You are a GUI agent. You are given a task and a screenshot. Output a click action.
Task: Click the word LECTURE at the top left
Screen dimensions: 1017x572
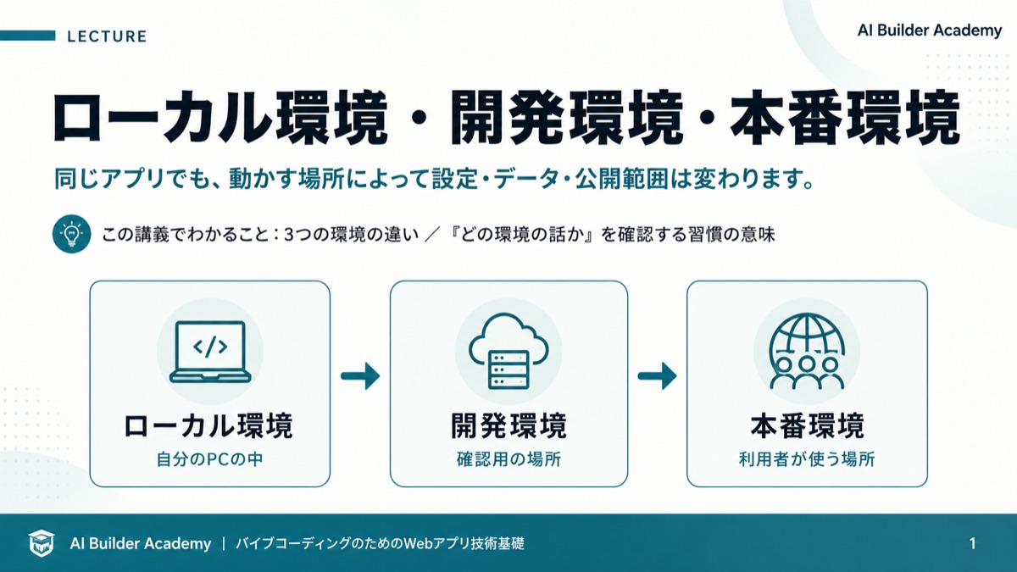point(107,36)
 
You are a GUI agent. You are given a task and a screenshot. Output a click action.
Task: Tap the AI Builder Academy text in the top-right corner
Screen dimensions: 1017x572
point(930,31)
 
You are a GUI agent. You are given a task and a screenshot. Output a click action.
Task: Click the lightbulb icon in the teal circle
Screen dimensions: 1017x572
point(72,234)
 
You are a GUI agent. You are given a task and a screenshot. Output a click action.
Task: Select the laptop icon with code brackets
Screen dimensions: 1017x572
point(210,352)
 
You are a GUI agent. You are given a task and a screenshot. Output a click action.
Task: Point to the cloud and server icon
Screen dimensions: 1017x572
point(508,351)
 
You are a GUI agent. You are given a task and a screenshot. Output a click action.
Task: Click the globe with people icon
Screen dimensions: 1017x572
point(807,352)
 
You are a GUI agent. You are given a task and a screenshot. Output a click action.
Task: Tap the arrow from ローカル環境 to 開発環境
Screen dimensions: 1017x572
point(360,376)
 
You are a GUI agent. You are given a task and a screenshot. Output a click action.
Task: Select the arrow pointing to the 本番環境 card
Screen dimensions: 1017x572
point(657,376)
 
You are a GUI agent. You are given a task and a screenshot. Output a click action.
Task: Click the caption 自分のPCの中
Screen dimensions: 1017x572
point(210,459)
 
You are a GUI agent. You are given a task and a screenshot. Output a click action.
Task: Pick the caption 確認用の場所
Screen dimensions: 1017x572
point(509,459)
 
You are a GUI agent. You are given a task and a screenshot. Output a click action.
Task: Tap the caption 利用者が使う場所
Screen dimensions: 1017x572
point(807,459)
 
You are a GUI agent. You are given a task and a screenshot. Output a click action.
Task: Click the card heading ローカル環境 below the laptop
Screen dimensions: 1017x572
point(208,425)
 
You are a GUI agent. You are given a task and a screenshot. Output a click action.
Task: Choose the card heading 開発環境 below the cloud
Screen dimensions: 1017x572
point(509,425)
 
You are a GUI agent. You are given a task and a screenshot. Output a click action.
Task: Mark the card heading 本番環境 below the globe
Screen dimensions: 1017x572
point(807,425)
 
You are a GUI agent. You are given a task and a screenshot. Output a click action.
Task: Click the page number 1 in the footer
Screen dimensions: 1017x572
point(972,543)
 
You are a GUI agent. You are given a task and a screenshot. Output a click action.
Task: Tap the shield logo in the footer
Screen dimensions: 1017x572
point(41,543)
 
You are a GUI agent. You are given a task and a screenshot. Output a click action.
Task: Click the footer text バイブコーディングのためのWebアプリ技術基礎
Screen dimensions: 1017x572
point(380,543)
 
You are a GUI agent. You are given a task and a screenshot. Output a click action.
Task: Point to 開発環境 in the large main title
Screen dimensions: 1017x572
point(567,118)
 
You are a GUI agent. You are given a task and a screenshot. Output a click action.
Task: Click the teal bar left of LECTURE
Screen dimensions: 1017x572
point(28,36)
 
